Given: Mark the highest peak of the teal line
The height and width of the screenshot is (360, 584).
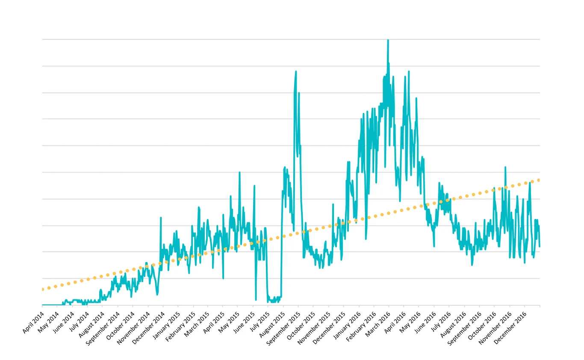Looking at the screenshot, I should (388, 40).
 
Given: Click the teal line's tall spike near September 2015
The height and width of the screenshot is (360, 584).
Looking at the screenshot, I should (296, 72).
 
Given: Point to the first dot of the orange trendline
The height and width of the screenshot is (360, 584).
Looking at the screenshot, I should (42, 289).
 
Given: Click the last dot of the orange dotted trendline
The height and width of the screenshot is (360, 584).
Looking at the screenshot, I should (539, 180).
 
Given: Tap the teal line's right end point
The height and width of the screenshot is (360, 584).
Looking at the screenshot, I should (540, 246).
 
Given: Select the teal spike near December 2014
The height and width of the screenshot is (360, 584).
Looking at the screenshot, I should (161, 218).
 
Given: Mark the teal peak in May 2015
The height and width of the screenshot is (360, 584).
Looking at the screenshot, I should (239, 172).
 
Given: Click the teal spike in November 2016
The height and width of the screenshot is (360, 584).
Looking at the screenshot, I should (505, 167).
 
